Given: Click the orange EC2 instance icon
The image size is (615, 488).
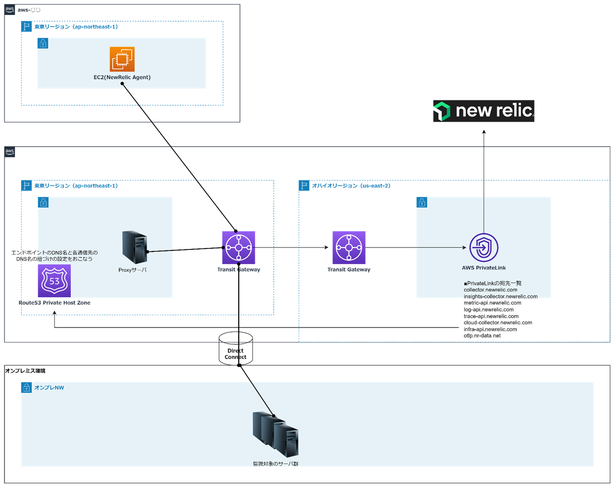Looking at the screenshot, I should pyautogui.click(x=122, y=59).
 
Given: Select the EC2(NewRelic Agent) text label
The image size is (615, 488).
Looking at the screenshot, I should pyautogui.click(x=122, y=77).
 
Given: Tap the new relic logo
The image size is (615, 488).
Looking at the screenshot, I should pyautogui.click(x=484, y=111).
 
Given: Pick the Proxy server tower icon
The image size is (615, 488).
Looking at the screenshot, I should pyautogui.click(x=134, y=247).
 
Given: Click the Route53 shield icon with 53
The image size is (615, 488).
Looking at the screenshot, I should pyautogui.click(x=54, y=281).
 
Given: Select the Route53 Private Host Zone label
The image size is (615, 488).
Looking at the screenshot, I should pyautogui.click(x=54, y=303).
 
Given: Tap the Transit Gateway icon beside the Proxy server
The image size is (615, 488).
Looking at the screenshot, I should pyautogui.click(x=239, y=248).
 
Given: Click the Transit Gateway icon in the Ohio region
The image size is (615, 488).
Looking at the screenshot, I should pyautogui.click(x=349, y=248).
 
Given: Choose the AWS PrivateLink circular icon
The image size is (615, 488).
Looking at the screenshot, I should pyautogui.click(x=484, y=248).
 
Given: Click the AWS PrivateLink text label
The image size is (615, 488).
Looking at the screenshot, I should pyautogui.click(x=484, y=268).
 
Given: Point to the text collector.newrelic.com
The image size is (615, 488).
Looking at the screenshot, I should pyautogui.click(x=490, y=290).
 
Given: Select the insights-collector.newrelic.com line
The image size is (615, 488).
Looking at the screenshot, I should pyautogui.click(x=500, y=296).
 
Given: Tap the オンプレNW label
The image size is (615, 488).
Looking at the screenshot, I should pyautogui.click(x=49, y=388).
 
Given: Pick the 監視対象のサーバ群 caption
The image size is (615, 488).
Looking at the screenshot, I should pyautogui.click(x=276, y=464).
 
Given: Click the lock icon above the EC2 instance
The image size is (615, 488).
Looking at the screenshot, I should pyautogui.click(x=43, y=43).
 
